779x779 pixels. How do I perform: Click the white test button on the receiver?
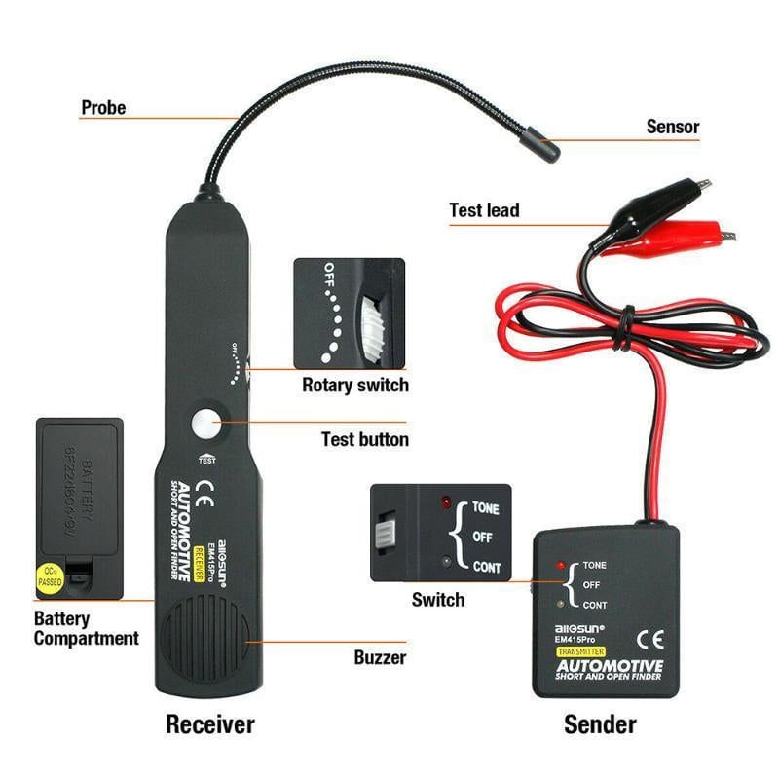click(206, 425)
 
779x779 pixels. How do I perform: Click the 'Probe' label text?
click(103, 108)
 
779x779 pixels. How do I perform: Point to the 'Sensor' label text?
click(673, 127)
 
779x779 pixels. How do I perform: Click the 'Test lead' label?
click(484, 210)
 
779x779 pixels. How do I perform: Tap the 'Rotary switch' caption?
click(354, 385)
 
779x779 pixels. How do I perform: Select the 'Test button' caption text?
click(365, 439)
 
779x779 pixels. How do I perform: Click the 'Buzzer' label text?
click(380, 657)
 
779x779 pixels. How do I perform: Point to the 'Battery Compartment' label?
click(86, 629)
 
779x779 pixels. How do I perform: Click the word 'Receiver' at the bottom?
click(209, 724)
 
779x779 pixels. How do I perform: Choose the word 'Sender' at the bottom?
click(601, 724)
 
